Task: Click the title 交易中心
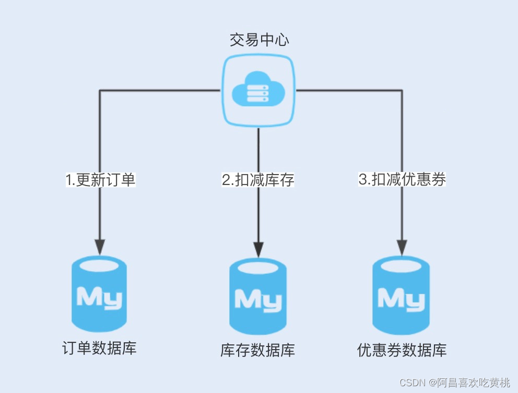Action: click(x=259, y=40)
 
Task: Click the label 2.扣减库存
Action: click(x=258, y=180)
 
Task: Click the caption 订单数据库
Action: click(x=99, y=348)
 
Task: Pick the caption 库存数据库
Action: click(x=258, y=350)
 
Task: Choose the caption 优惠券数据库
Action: click(x=402, y=350)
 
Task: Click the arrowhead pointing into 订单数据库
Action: click(x=100, y=247)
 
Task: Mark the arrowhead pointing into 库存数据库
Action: click(x=258, y=249)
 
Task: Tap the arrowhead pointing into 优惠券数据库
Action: click(x=402, y=247)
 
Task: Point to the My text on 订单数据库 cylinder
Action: click(x=99, y=297)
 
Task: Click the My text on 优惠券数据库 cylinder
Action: click(x=401, y=298)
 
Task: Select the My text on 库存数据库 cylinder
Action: click(x=258, y=300)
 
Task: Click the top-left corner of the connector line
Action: click(x=100, y=90)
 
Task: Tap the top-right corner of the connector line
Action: click(x=402, y=90)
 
